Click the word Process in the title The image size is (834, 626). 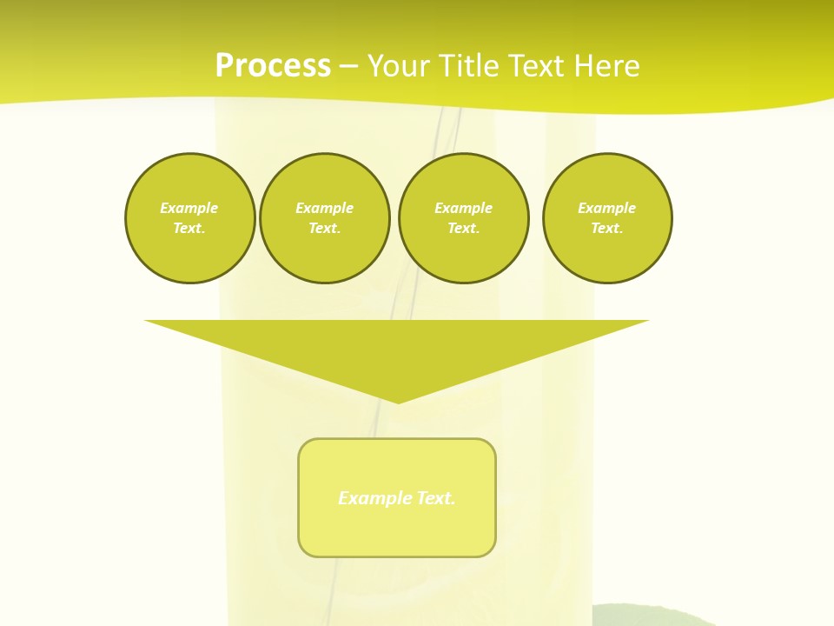click(x=273, y=66)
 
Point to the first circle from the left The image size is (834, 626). click(x=190, y=218)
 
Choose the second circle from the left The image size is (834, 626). click(x=325, y=218)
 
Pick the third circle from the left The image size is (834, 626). click(x=464, y=218)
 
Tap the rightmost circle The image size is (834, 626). click(x=607, y=218)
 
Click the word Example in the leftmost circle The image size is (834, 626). click(x=189, y=208)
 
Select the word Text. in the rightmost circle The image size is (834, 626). click(x=607, y=229)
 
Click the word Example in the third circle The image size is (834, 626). click(x=464, y=208)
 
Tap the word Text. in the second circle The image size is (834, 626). click(x=325, y=229)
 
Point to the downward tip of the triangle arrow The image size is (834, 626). click(x=398, y=401)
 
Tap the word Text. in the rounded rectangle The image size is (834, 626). click(x=436, y=498)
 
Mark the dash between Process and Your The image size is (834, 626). click(x=348, y=66)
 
